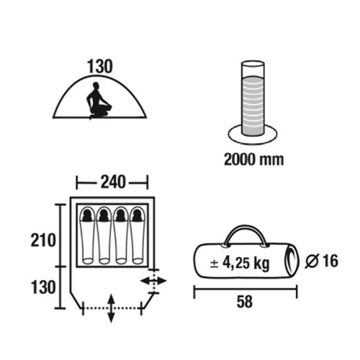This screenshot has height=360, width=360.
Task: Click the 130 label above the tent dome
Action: (x=100, y=66)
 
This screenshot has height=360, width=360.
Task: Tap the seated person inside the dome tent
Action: (x=99, y=101)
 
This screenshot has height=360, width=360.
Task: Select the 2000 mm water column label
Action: (x=254, y=159)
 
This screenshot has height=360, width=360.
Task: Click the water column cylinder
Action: (x=253, y=99)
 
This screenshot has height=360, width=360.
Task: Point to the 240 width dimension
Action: (x=113, y=181)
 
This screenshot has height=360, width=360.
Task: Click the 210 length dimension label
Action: (x=43, y=240)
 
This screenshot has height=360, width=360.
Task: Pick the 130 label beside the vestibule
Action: (x=43, y=287)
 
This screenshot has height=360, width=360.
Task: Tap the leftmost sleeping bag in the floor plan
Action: (x=87, y=235)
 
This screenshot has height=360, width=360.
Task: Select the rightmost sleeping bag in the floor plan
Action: (x=138, y=235)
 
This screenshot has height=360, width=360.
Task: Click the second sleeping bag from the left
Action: (x=104, y=235)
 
